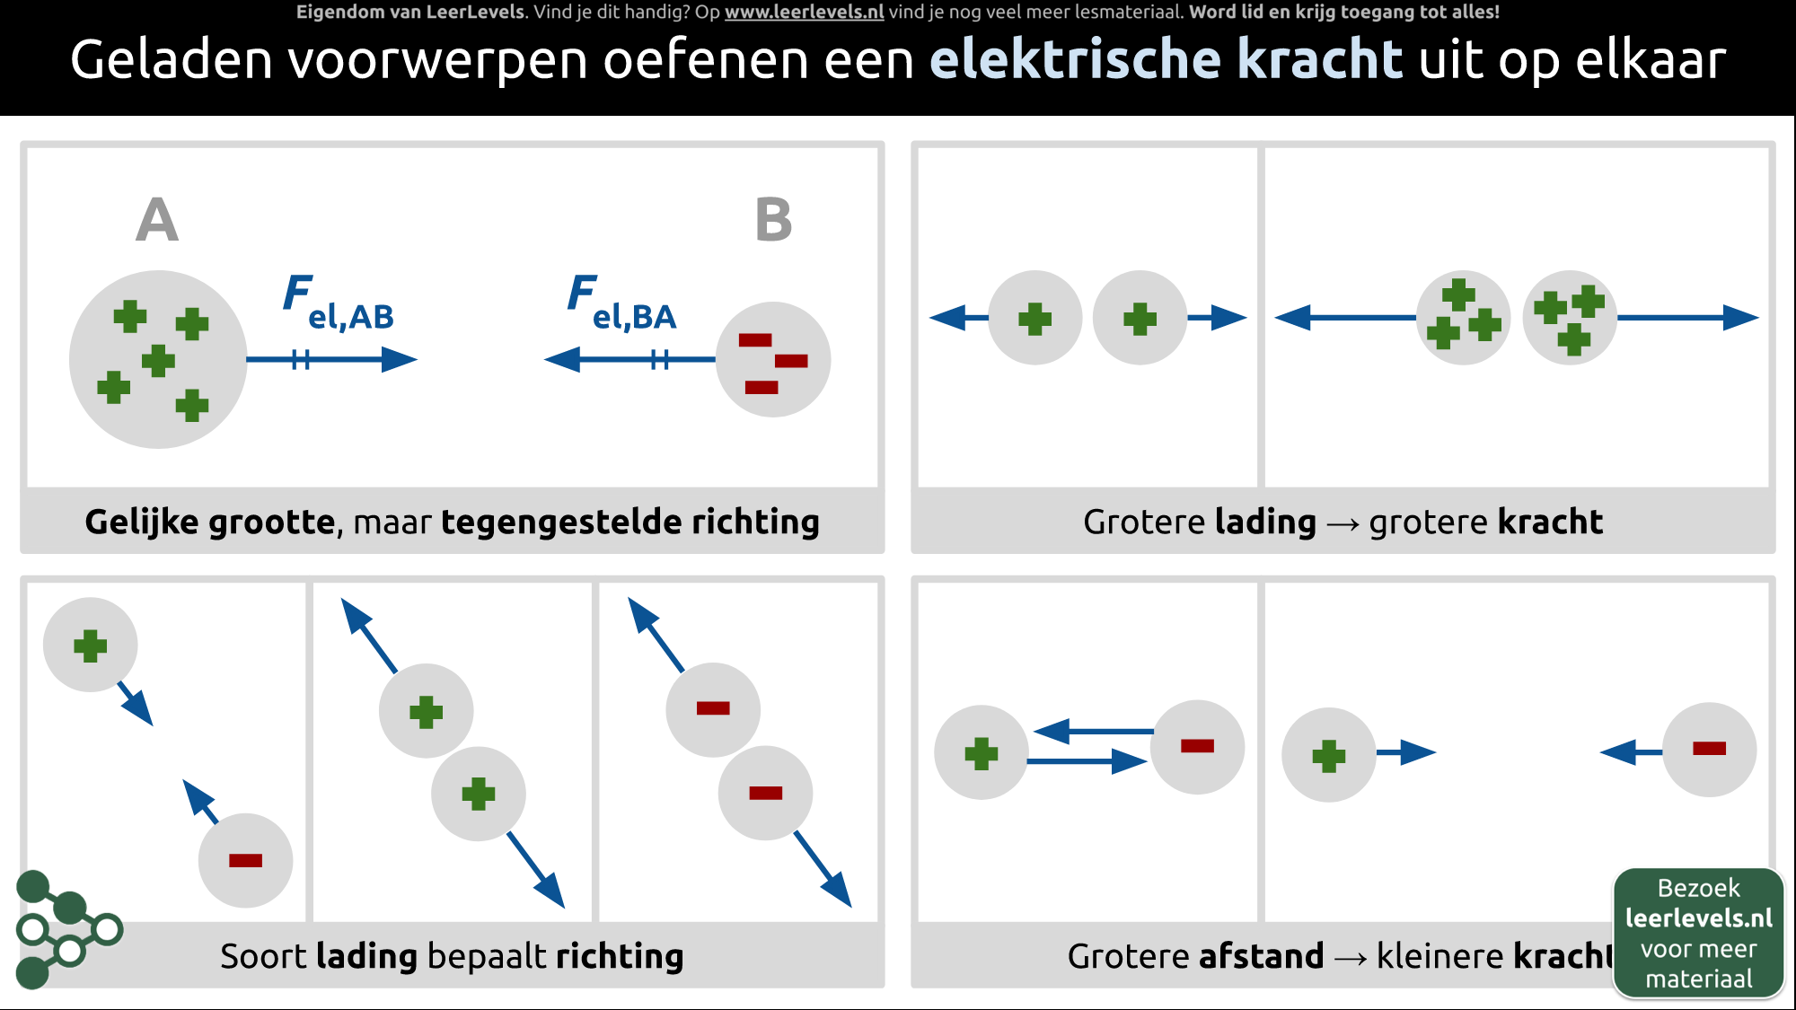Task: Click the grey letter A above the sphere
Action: point(157,221)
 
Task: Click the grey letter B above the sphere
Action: point(773,221)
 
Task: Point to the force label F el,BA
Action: point(622,303)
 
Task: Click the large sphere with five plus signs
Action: point(158,359)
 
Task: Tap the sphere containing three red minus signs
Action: point(773,359)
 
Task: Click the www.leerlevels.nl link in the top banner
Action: point(804,13)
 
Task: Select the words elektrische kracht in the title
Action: point(1166,60)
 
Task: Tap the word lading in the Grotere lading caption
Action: point(1264,522)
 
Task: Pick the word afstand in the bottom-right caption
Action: point(1261,956)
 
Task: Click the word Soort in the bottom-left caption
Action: point(264,956)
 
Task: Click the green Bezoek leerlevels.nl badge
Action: point(1698,933)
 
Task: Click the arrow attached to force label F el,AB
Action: point(332,360)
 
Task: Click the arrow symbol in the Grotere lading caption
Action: point(1343,523)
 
